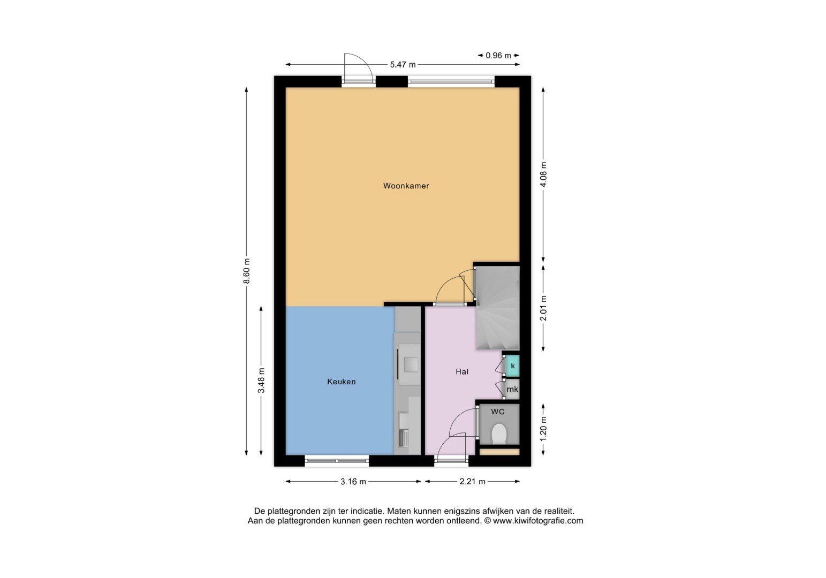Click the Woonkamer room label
[406, 186]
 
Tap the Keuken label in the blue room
[342, 382]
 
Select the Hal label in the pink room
[462, 371]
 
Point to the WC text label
[497, 412]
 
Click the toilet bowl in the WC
[499, 433]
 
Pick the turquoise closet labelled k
[512, 366]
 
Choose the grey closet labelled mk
[512, 389]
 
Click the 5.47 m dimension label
[403, 65]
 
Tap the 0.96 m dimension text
[498, 56]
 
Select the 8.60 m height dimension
[247, 271]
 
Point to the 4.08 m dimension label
[543, 174]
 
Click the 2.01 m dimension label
[543, 308]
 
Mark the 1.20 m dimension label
[543, 429]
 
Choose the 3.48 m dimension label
[261, 381]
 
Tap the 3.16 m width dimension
[353, 482]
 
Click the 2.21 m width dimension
[472, 482]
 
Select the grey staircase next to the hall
[498, 308]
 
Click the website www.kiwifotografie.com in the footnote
[538, 521]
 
